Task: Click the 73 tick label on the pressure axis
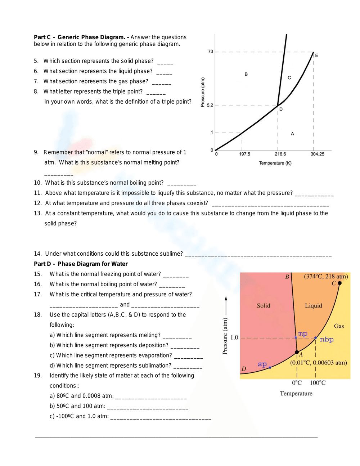(x=211, y=51)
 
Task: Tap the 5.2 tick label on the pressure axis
(x=210, y=105)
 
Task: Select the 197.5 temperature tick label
(x=244, y=154)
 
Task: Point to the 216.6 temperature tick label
(x=280, y=154)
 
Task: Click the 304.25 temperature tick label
(x=317, y=154)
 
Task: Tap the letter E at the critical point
(x=316, y=55)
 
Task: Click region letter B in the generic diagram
(x=246, y=74)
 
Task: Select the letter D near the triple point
(x=281, y=109)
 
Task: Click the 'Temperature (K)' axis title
(x=275, y=163)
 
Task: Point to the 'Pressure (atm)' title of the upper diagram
(x=203, y=92)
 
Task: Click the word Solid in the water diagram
(x=263, y=306)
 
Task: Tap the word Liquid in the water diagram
(x=313, y=306)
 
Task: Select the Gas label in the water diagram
(x=339, y=326)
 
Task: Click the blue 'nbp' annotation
(x=327, y=339)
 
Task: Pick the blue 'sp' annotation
(x=262, y=364)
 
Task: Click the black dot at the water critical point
(x=339, y=283)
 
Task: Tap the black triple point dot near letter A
(x=297, y=352)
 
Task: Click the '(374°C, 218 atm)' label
(x=326, y=276)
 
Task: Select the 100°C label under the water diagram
(x=318, y=382)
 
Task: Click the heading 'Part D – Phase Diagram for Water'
(x=81, y=264)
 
